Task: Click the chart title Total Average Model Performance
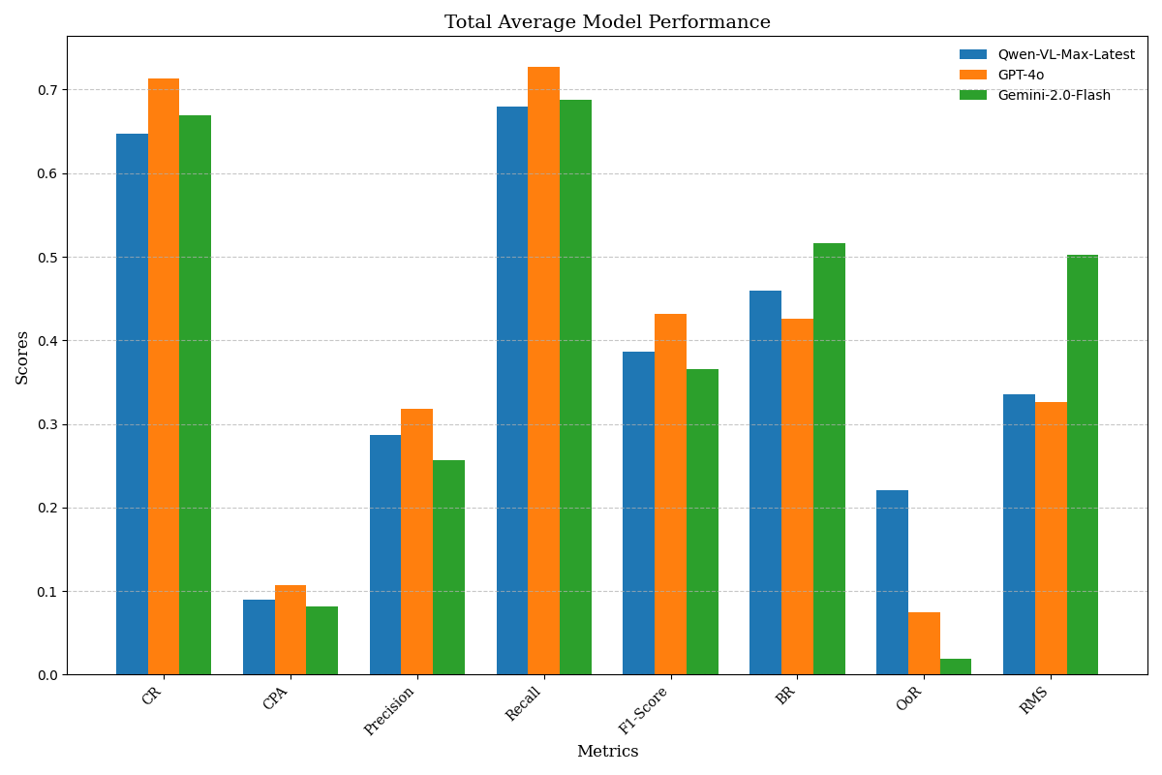click(x=607, y=22)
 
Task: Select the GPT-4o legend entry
click(x=1021, y=75)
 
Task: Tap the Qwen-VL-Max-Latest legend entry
click(x=1065, y=54)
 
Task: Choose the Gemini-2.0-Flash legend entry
click(x=1054, y=95)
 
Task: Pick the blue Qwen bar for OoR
click(x=892, y=582)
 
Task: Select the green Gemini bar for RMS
click(x=1083, y=465)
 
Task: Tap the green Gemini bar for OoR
click(x=956, y=666)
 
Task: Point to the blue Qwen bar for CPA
click(x=259, y=636)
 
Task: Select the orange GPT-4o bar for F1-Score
click(x=670, y=494)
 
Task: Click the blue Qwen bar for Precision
click(x=385, y=554)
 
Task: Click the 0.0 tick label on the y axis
click(x=46, y=675)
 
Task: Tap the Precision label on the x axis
click(x=390, y=711)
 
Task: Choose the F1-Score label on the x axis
click(x=644, y=711)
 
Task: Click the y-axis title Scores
click(x=22, y=356)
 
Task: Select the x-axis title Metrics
click(x=607, y=752)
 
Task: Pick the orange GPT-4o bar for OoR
click(x=924, y=643)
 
